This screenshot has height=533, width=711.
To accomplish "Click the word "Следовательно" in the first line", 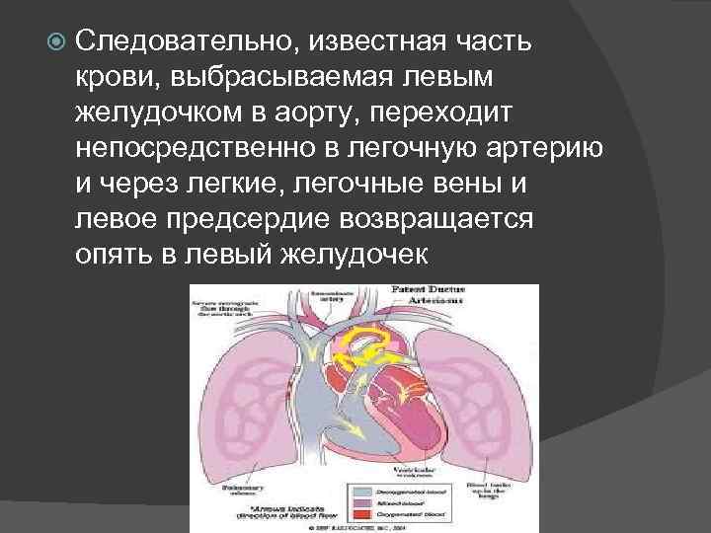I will coord(184,42).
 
